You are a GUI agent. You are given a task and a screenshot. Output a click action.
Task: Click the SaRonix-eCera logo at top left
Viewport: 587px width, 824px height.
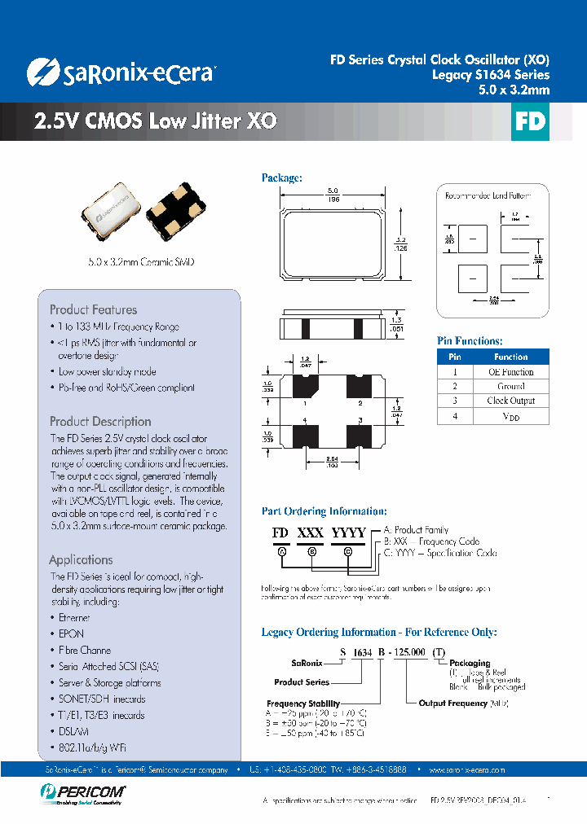121,72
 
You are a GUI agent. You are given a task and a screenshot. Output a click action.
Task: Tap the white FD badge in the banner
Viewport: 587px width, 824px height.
529,121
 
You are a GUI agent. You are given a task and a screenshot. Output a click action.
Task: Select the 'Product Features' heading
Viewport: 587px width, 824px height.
93,309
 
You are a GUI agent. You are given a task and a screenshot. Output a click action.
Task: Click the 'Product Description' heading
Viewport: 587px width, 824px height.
100,422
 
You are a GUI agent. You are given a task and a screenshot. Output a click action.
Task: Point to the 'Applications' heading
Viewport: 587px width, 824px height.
81,560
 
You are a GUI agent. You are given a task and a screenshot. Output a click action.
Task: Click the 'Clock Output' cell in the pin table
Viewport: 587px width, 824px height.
510,401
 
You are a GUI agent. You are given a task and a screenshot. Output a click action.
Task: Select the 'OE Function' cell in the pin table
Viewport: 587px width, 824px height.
510,371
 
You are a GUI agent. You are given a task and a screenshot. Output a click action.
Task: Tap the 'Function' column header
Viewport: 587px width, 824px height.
510,357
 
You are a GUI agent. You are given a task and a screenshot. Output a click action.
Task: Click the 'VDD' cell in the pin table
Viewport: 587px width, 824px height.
510,416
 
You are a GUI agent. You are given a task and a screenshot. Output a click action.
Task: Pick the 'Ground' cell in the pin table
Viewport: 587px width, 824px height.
510,386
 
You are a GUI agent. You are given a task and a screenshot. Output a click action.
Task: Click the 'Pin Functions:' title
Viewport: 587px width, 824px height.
470,341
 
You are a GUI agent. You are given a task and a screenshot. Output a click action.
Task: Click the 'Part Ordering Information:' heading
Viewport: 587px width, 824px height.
324,511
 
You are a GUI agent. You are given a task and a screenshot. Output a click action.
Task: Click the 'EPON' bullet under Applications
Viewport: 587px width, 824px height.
71,633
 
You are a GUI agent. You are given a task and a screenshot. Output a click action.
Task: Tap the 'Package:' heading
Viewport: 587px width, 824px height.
282,178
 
